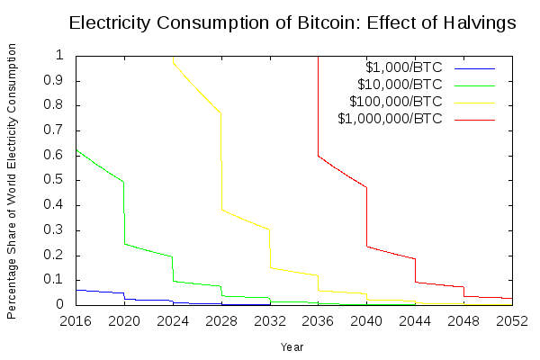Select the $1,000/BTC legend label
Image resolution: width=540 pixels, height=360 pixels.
404,67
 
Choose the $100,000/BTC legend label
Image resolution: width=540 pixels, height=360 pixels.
396,101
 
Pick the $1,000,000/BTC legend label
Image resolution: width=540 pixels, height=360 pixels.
390,118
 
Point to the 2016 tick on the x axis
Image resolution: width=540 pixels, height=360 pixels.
76,320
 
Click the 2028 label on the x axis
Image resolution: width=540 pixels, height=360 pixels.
221,320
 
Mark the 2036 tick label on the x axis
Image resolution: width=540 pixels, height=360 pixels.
318,320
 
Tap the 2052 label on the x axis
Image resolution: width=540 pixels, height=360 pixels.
512,320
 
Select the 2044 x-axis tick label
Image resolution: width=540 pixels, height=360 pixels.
415,320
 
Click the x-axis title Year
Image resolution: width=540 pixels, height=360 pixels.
292,346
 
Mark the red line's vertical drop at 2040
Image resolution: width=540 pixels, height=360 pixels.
366,216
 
